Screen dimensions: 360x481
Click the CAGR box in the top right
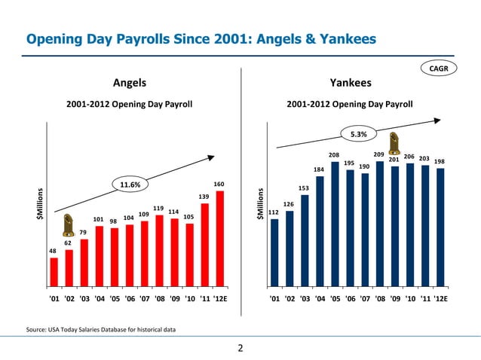point(440,70)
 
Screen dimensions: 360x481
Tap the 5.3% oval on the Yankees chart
point(358,134)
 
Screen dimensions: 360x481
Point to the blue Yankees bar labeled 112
point(274,252)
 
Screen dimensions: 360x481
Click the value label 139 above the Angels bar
point(204,197)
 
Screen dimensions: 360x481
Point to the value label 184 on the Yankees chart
point(319,169)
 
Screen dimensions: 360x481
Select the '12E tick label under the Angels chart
point(219,298)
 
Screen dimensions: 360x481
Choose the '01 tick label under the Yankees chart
point(274,298)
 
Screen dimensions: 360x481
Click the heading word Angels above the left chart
point(129,82)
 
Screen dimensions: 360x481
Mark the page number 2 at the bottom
point(240,348)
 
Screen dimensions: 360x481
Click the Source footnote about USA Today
point(101,329)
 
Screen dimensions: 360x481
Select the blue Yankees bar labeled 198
point(440,227)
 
